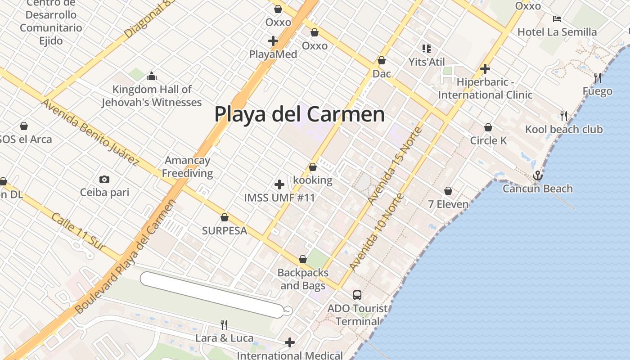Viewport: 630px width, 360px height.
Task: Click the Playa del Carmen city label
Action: coord(299,114)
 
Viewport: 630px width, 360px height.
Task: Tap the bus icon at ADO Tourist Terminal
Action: coord(357,295)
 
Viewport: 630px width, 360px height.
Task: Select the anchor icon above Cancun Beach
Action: coord(537,175)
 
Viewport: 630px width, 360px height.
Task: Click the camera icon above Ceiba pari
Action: coord(104,180)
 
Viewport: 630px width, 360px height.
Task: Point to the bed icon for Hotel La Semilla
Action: coord(557,19)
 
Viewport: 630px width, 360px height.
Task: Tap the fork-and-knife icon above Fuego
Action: coord(598,78)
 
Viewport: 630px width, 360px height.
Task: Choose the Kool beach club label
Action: coord(563,130)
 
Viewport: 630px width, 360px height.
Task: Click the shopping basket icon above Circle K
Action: coord(488,128)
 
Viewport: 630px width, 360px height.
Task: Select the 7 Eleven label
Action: coord(448,204)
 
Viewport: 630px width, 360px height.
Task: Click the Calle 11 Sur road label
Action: coord(78,232)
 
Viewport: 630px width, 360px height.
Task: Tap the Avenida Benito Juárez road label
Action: coord(90,132)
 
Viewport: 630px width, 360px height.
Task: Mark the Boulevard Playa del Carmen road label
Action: coord(126,256)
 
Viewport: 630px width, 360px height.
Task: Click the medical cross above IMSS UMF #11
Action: coord(279,184)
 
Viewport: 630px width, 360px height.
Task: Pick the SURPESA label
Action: coord(225,231)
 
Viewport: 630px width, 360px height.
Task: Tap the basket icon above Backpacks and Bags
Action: coord(303,260)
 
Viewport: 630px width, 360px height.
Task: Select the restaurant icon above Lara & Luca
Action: coord(224,324)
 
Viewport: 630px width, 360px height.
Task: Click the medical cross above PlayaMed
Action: coord(273,41)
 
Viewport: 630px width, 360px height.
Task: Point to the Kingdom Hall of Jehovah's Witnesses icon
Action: coord(152,76)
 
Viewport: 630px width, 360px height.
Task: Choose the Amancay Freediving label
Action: coord(187,166)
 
